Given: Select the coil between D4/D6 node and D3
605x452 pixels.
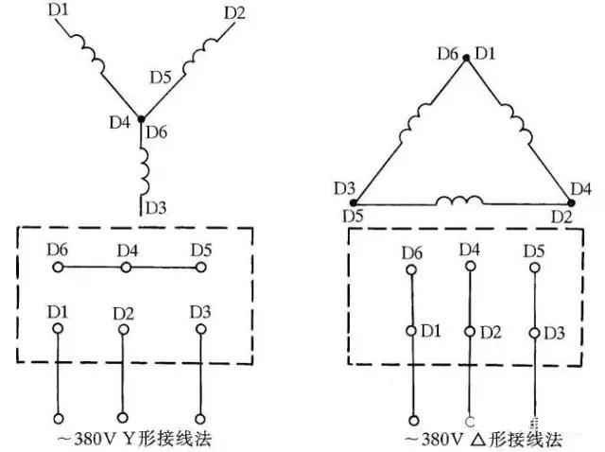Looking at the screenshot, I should tap(143, 166).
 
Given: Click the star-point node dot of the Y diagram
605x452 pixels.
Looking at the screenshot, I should tap(141, 119).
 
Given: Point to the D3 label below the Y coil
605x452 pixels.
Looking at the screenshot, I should tap(154, 206).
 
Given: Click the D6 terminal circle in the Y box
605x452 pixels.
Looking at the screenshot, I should tap(58, 268).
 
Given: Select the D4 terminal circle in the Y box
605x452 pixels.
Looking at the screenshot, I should tap(125, 268).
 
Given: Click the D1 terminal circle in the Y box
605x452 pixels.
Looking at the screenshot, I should tap(58, 327).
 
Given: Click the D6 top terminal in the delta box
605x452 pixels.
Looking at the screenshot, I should tap(412, 271).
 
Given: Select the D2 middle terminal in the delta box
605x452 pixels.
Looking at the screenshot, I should tap(470, 332).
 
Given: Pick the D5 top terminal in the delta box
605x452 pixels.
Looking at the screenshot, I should tap(533, 271).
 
